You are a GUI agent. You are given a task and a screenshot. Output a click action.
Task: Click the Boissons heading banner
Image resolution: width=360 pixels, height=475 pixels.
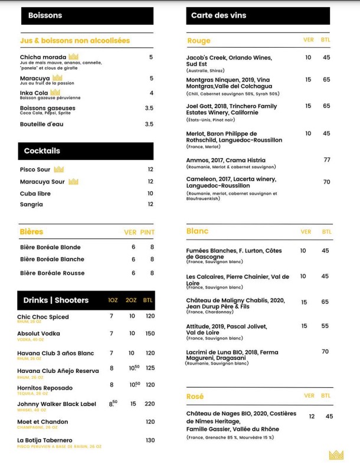[x=86, y=15]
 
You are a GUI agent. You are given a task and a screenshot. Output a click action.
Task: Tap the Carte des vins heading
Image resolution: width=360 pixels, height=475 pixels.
[x=258, y=15]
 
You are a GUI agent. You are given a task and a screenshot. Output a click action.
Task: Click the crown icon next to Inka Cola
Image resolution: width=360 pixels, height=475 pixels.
[x=55, y=93]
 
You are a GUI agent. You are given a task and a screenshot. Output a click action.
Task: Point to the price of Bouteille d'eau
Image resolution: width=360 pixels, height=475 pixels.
[x=149, y=124]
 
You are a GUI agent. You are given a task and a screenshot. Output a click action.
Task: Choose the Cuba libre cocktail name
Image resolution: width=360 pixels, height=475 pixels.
[x=35, y=193]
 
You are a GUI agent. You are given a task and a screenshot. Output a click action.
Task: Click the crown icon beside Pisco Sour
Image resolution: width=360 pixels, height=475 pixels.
[x=58, y=169]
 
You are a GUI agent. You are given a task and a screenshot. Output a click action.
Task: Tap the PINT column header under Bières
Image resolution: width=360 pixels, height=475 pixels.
[x=147, y=232]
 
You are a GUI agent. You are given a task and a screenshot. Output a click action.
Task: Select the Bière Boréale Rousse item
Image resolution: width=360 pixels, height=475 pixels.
[x=52, y=273]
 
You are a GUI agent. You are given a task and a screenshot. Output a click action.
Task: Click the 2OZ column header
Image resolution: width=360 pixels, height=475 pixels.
[x=131, y=300]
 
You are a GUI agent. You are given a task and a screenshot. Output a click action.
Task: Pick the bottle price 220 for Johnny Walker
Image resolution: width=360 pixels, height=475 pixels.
[x=149, y=404]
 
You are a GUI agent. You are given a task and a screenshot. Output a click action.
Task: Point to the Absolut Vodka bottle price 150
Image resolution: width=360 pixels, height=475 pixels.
[x=149, y=333]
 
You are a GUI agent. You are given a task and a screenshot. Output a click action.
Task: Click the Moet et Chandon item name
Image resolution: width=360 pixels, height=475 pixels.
[x=42, y=422]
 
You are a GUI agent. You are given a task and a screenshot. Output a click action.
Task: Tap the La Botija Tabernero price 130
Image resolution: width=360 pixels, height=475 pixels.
[x=150, y=440]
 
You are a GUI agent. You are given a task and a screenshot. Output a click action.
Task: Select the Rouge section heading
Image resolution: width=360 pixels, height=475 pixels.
[x=198, y=41]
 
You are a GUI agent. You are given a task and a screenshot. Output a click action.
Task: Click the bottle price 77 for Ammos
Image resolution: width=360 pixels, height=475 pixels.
[x=326, y=160]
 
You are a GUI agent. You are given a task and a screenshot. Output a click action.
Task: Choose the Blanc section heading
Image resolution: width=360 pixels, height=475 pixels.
[x=197, y=231]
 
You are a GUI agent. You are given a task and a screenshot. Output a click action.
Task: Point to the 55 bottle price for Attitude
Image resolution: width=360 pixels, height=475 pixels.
[x=325, y=326]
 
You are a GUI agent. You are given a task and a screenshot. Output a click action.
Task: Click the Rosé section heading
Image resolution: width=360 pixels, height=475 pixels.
[x=195, y=397]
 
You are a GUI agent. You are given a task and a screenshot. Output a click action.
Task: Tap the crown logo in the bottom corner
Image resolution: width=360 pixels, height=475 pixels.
[x=336, y=454]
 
